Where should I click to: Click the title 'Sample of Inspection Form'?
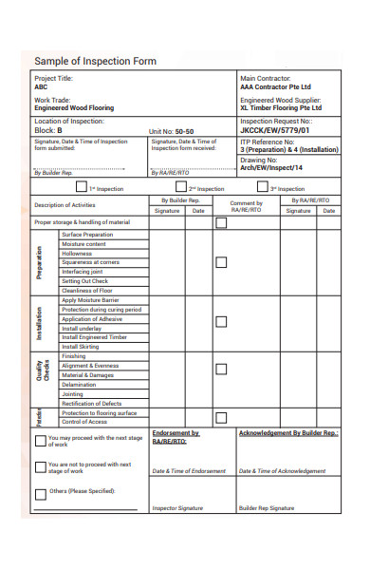click(95, 62)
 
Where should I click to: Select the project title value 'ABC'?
click(41, 86)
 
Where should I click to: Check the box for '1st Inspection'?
click(68, 187)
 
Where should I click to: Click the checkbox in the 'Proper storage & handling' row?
click(221, 223)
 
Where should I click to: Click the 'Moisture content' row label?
click(84, 244)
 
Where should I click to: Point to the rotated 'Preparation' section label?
click(41, 262)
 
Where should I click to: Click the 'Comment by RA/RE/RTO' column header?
click(247, 206)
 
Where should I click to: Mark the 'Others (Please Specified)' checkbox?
click(41, 493)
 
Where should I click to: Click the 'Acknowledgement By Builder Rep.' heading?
click(288, 433)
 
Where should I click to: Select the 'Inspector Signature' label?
click(178, 508)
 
